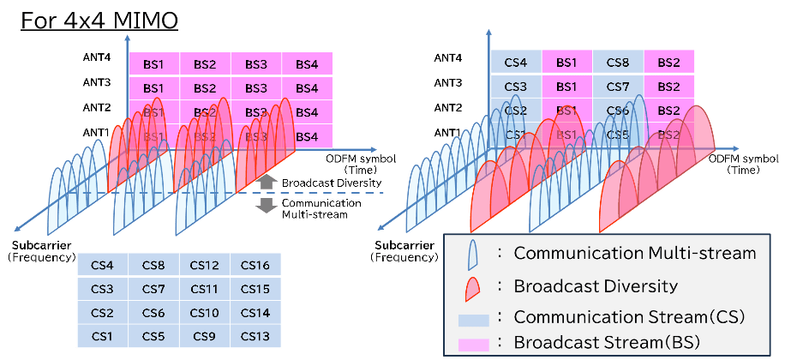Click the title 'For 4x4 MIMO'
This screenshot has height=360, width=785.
tap(100, 20)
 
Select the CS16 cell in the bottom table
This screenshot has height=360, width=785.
tap(255, 265)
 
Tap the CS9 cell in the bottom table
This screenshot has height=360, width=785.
tap(204, 335)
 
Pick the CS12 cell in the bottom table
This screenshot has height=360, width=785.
tap(204, 265)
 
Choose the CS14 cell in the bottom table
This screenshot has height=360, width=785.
tap(255, 312)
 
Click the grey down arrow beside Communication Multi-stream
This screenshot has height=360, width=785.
tap(266, 206)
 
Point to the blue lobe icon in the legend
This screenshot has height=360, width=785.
tap(471, 255)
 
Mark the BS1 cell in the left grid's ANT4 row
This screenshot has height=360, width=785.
tap(153, 63)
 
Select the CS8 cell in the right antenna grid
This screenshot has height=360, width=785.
tap(617, 62)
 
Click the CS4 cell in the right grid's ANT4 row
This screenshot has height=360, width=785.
tap(516, 62)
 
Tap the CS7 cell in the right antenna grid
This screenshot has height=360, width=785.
tap(617, 87)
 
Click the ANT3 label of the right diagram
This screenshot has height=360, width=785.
tap(449, 83)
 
